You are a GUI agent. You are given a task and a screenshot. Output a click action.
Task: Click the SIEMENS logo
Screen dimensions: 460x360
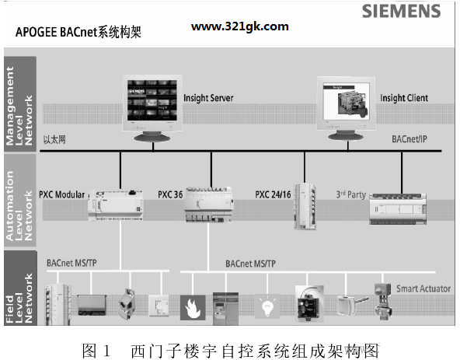pos(401,11)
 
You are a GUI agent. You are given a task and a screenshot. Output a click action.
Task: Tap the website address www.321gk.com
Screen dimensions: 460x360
pos(239,26)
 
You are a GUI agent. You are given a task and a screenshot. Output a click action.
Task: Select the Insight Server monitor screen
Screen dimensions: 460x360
pos(152,100)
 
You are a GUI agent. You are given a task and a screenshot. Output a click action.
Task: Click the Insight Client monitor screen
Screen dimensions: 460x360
pos(347,101)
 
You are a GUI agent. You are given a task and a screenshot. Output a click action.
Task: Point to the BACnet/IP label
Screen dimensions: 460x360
pos(409,139)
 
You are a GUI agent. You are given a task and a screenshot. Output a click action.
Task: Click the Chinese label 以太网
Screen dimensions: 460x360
pos(54,139)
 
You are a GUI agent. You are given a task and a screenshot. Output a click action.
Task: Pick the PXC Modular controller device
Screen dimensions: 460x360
pos(116,204)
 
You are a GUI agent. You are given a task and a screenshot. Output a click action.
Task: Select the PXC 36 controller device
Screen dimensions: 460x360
pos(209,204)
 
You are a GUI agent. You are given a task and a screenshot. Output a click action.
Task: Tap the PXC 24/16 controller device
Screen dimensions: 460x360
pos(305,206)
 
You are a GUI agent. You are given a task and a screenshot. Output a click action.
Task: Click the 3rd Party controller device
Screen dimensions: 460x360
pos(398,209)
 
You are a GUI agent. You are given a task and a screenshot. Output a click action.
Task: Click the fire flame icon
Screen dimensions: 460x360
pos(193,308)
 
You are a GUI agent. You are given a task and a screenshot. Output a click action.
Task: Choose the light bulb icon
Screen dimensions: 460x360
pos(267,306)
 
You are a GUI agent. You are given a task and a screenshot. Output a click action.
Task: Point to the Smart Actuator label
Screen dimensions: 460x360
pos(423,288)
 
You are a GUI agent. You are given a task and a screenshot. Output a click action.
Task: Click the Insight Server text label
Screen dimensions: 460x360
pos(208,98)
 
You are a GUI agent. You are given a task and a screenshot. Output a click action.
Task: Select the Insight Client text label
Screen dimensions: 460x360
pos(404,98)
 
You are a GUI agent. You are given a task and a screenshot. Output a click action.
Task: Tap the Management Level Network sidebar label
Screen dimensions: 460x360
pos(19,106)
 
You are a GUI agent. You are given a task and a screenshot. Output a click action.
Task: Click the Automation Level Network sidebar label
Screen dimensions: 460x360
pos(19,205)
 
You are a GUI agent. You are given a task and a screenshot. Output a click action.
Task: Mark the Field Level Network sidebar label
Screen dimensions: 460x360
pos(19,298)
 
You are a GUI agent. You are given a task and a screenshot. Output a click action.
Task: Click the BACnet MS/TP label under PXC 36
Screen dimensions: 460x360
pos(250,264)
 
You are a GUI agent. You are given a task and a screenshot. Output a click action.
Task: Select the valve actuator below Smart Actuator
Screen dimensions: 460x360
pos(383,302)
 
